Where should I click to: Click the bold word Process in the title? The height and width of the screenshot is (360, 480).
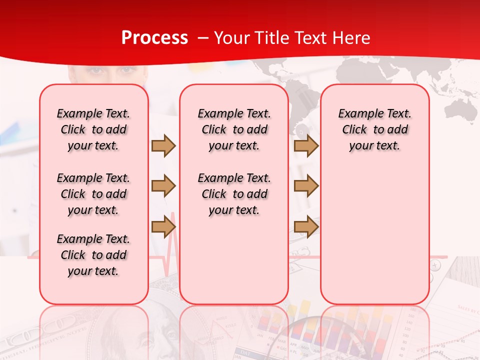[x=154, y=38]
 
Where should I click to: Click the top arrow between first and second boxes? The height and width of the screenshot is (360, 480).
[x=163, y=145]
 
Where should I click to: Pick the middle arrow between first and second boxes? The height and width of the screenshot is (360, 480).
[x=163, y=186]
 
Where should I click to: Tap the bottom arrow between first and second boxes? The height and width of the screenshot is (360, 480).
[x=163, y=226]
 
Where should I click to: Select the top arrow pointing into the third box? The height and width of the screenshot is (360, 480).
[x=306, y=145]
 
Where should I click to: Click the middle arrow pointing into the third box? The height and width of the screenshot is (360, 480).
[x=306, y=186]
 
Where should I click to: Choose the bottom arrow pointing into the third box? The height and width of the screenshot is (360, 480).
[x=306, y=226]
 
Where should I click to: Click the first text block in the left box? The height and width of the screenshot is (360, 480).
[x=93, y=129]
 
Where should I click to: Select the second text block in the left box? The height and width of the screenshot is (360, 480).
[x=93, y=194]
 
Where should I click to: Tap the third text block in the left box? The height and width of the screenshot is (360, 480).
[x=93, y=255]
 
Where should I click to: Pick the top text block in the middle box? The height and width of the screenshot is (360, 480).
[x=234, y=129]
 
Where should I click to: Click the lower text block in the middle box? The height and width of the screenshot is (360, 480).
[x=234, y=194]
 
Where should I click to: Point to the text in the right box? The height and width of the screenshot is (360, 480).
[x=374, y=129]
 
